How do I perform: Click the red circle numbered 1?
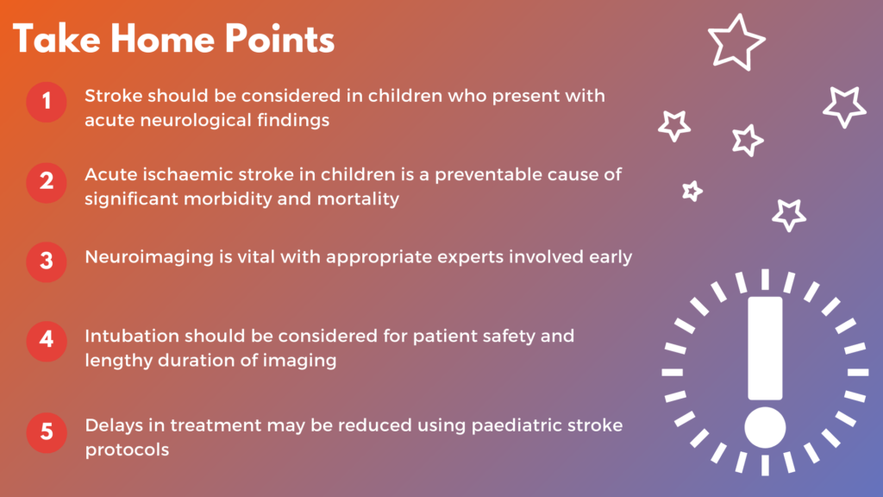(x=47, y=102)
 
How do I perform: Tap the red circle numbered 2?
(x=47, y=183)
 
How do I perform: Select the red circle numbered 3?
(x=47, y=261)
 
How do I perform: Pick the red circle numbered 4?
(x=47, y=341)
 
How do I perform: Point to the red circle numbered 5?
(x=47, y=433)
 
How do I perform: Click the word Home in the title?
(x=162, y=40)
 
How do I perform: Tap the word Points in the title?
(x=280, y=40)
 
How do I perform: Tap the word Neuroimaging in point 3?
(x=149, y=257)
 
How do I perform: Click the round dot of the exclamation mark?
(x=765, y=428)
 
